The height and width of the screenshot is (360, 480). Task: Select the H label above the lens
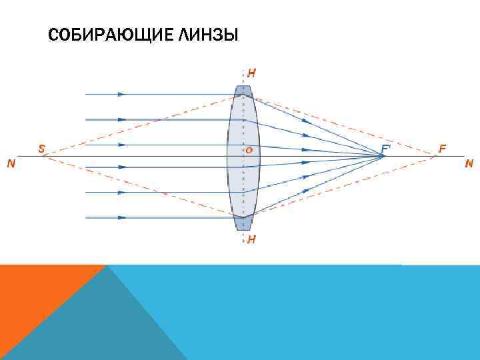251,73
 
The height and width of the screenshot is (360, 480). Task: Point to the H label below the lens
251,239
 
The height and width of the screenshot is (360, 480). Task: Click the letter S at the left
41,150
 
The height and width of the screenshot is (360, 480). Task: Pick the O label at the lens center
248,150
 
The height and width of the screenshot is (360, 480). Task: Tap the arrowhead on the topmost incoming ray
121,95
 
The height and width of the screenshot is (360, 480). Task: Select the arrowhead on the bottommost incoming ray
121,217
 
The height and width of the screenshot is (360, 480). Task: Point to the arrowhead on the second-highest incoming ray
121,119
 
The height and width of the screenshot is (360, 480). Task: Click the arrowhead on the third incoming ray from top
121,144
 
